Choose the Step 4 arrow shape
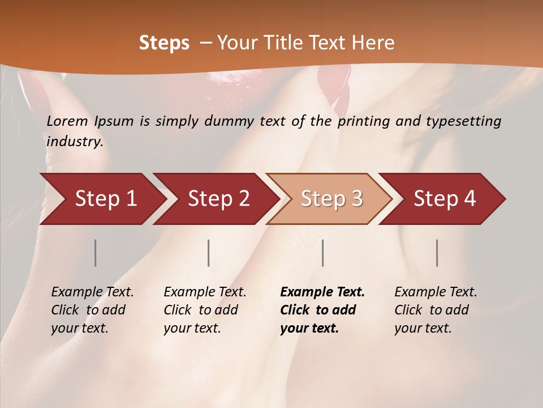(445, 199)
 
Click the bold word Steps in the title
(164, 43)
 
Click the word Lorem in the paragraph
(67, 121)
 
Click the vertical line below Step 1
(96, 253)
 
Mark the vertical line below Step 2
(209, 253)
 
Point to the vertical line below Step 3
(323, 253)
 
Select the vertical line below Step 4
(437, 253)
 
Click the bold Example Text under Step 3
(322, 292)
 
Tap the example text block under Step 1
(92, 310)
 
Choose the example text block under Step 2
(205, 310)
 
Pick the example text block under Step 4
(436, 310)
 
